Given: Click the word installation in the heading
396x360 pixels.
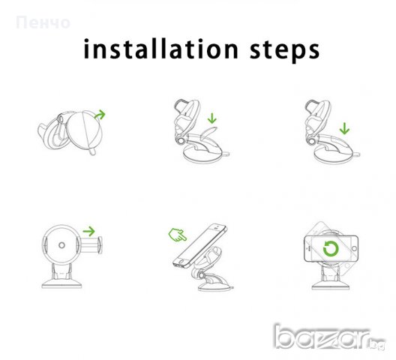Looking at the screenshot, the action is pyautogui.click(x=160, y=49).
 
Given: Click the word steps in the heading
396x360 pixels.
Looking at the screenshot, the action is pyautogui.click(x=285, y=50).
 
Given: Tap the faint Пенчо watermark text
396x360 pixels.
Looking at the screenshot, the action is pyautogui.click(x=43, y=22).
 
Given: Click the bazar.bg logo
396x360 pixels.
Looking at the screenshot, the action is pyautogui.click(x=329, y=337).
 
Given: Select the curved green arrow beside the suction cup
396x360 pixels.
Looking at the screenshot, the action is pyautogui.click(x=100, y=115).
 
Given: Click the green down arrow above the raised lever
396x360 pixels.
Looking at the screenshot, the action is pyautogui.click(x=212, y=118).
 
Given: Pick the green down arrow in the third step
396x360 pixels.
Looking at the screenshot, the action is pyautogui.click(x=344, y=128).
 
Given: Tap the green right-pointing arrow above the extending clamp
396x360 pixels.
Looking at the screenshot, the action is pyautogui.click(x=89, y=231).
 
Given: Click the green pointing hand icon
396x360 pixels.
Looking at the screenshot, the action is pyautogui.click(x=178, y=235).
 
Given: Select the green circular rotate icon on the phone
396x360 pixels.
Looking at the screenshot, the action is pyautogui.click(x=331, y=249).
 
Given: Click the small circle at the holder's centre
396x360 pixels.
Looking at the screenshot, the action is pyautogui.click(x=61, y=245).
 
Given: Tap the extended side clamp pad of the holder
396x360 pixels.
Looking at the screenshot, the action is pyautogui.click(x=100, y=245).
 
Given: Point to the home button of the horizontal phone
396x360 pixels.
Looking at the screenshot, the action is pyautogui.click(x=354, y=249).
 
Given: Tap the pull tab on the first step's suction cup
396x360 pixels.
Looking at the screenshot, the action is pyautogui.click(x=92, y=151).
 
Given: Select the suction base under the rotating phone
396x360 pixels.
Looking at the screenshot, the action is pyautogui.click(x=331, y=284).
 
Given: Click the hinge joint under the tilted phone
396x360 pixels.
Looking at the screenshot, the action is pyautogui.click(x=202, y=274).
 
